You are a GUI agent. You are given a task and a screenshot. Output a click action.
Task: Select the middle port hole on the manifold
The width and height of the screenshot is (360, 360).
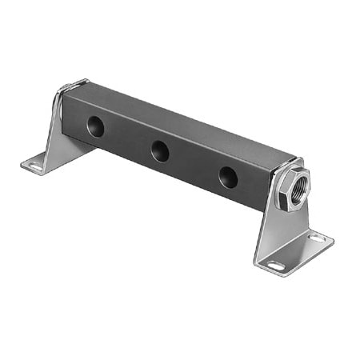click(x=160, y=150)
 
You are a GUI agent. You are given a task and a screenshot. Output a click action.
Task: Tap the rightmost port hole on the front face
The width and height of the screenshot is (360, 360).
click(x=229, y=176)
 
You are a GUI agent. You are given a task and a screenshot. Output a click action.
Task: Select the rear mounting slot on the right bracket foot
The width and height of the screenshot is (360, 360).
click(x=317, y=238)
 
